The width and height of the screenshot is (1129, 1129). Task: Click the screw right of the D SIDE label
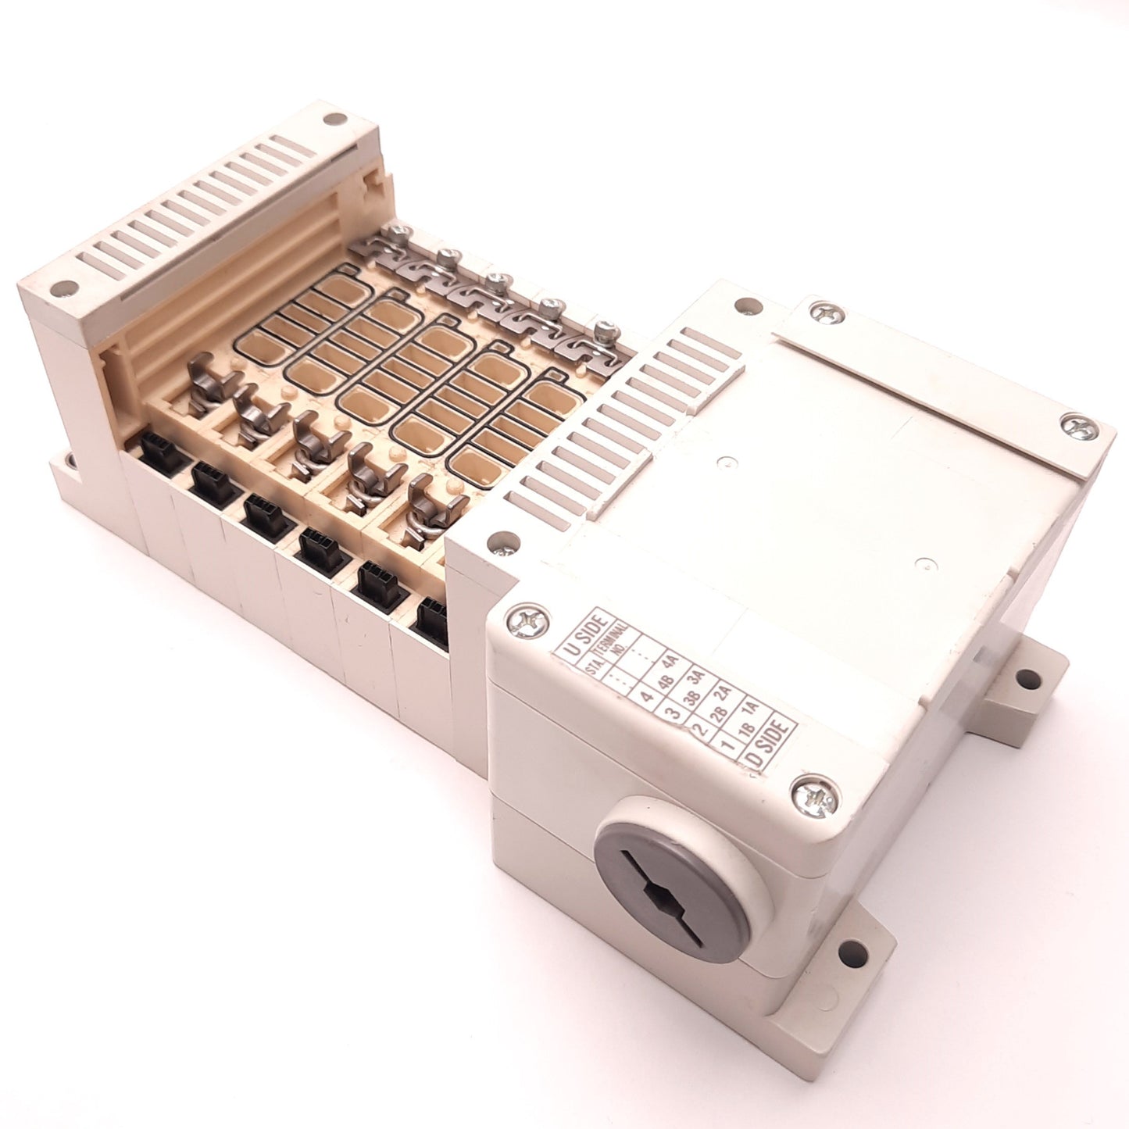814,799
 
